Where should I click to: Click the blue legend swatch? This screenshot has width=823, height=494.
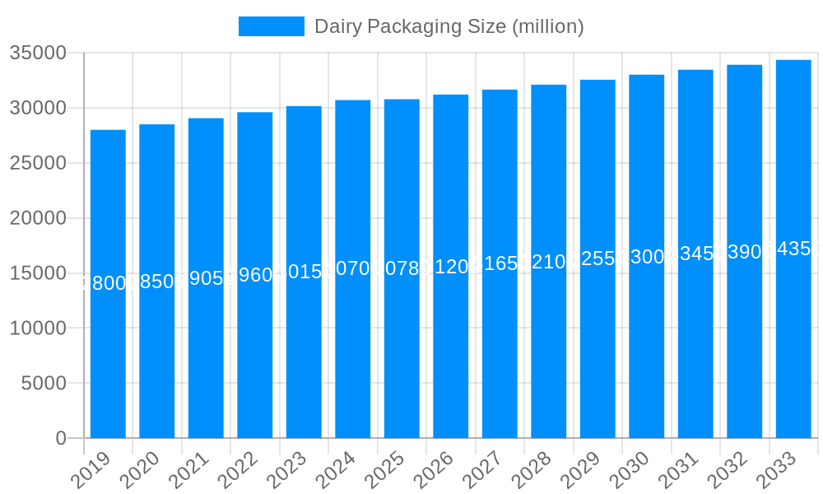pyautogui.click(x=271, y=26)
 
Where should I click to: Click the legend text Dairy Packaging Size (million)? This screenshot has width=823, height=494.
pyautogui.click(x=449, y=26)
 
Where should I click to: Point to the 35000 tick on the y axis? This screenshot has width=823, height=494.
pyautogui.click(x=38, y=53)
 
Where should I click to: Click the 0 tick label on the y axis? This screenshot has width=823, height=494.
pyautogui.click(x=61, y=438)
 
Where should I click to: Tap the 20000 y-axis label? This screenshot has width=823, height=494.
pyautogui.click(x=38, y=218)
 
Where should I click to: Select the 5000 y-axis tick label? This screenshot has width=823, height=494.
pyautogui.click(x=43, y=383)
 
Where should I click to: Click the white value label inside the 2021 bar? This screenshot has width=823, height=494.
pyautogui.click(x=206, y=278)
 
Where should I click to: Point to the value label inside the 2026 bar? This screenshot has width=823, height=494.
pyautogui.click(x=451, y=267)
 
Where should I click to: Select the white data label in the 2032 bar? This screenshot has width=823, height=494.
pyautogui.click(x=745, y=252)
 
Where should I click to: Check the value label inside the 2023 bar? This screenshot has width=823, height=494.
pyautogui.click(x=304, y=272)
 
